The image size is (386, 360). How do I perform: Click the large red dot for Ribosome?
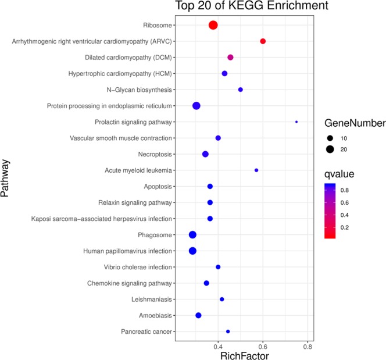click(213, 25)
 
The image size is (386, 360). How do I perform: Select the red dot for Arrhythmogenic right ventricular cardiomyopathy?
click(263, 41)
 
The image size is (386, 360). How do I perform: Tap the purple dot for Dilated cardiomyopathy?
click(230, 57)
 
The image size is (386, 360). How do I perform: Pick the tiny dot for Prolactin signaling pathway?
click(296, 122)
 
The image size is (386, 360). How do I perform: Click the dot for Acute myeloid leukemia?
click(256, 170)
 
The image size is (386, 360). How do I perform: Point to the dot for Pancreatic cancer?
click(228, 331)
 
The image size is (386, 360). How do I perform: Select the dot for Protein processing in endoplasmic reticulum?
click(196, 105)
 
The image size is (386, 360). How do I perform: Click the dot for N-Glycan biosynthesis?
click(241, 90)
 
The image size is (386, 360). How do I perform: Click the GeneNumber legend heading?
click(355, 123)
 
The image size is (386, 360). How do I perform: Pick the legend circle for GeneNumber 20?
click(331, 149)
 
